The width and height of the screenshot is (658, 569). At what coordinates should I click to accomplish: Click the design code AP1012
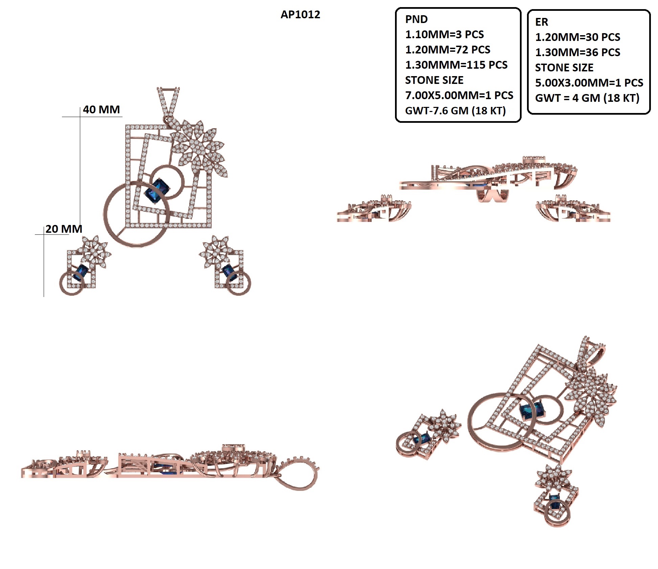click(300, 14)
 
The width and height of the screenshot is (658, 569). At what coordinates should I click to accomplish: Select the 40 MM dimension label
click(101, 110)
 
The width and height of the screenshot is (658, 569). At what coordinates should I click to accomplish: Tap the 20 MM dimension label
click(64, 229)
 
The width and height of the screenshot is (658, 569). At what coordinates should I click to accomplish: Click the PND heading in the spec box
click(416, 19)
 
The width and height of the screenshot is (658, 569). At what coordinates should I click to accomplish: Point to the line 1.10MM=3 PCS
click(444, 35)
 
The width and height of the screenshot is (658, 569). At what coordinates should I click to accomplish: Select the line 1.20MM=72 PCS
click(447, 50)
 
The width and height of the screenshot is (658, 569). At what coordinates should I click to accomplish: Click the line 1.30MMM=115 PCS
click(456, 65)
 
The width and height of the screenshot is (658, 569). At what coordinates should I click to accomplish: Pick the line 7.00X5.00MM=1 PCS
click(459, 95)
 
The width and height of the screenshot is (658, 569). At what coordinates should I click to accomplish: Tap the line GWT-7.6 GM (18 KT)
click(455, 111)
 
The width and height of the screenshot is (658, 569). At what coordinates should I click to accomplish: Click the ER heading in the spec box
click(541, 22)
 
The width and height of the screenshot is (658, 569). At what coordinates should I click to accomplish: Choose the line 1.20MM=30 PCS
click(577, 37)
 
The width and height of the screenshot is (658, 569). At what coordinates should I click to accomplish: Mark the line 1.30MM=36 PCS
click(577, 52)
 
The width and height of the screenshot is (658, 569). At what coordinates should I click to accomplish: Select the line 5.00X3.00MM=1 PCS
click(589, 83)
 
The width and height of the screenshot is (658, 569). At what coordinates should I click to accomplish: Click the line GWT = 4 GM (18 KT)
click(587, 98)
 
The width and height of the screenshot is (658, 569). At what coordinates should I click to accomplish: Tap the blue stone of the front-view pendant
click(157, 191)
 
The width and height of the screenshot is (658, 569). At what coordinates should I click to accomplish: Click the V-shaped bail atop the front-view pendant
click(168, 103)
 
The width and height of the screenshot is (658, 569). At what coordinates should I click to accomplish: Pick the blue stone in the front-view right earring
click(229, 273)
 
